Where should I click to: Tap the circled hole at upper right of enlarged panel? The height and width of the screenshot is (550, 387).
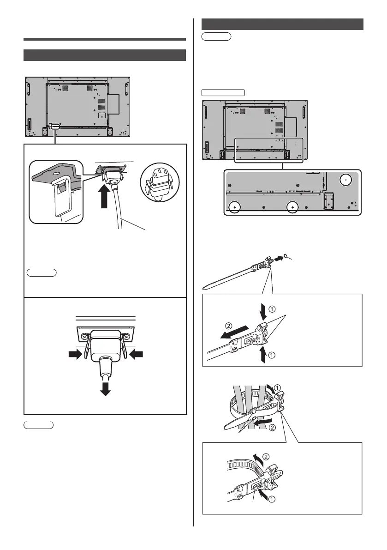[x=345, y=181]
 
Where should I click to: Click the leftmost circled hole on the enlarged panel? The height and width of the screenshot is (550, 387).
[x=235, y=207]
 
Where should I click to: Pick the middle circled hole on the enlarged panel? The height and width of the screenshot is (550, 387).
[x=292, y=207]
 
